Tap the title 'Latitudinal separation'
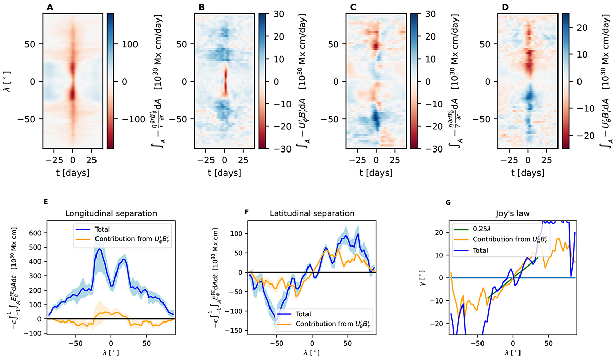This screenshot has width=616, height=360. coord(311,212)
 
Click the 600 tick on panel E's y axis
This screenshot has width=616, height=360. coord(35,233)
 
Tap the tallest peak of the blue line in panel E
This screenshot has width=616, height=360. coord(99,249)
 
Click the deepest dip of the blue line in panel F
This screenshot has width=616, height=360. coord(276,321)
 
